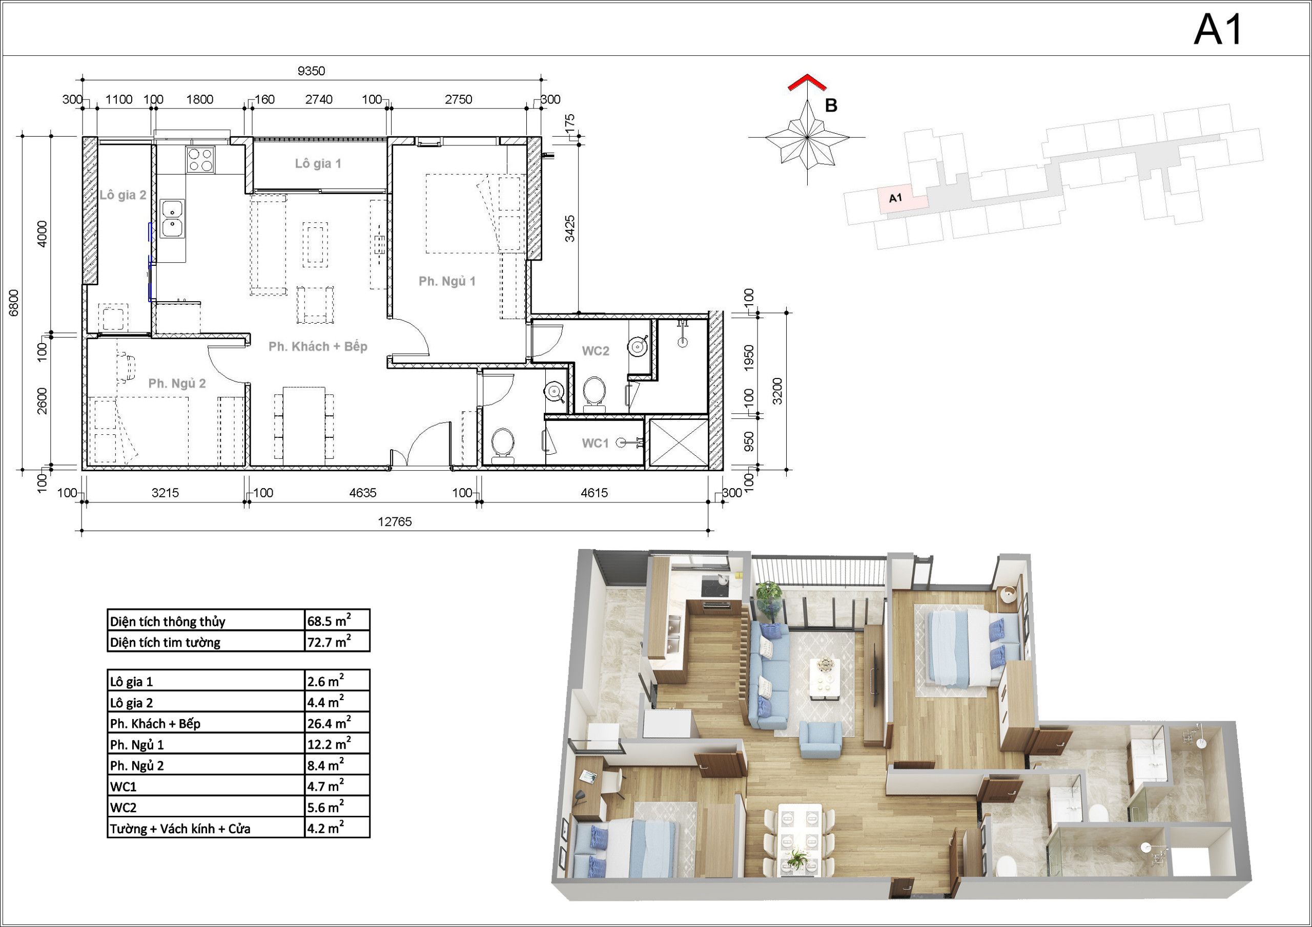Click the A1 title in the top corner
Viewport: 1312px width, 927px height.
pos(1218,29)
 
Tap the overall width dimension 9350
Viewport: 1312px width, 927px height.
pos(311,71)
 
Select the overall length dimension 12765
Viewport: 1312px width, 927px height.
pos(395,521)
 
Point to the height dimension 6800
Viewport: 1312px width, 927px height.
pos(14,303)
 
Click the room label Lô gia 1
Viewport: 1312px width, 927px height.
pos(318,164)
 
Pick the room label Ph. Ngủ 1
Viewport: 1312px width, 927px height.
pos(447,281)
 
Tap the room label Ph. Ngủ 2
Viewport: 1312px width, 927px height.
pos(177,383)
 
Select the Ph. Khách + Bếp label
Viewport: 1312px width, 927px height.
pos(318,347)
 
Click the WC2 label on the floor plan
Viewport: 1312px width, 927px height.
pos(596,351)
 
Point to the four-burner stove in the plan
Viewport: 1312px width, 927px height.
pos(200,159)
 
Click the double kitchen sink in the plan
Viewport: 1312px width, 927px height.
pos(172,219)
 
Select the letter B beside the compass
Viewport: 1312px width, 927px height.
pos(831,106)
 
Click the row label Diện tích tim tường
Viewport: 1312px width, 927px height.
pos(165,643)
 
